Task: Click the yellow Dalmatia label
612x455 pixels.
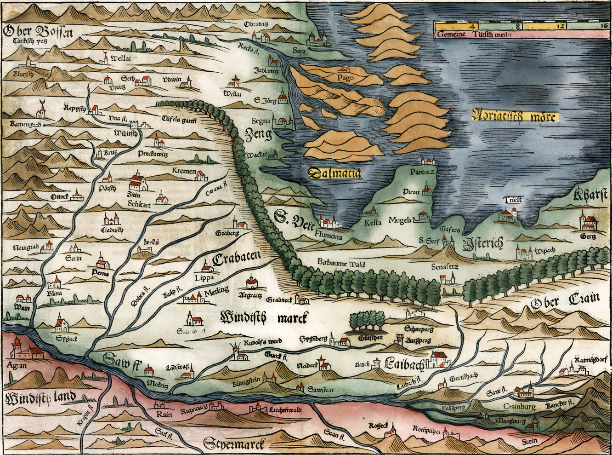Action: pyautogui.click(x=334, y=173)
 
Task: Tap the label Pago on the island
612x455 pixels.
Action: pyautogui.click(x=345, y=78)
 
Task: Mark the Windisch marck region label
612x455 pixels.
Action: pyautogui.click(x=264, y=317)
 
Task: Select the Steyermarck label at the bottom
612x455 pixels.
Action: pyautogui.click(x=235, y=444)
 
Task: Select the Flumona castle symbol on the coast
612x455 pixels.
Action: pyautogui.click(x=330, y=223)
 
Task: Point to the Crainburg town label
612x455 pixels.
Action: pyautogui.click(x=519, y=406)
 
